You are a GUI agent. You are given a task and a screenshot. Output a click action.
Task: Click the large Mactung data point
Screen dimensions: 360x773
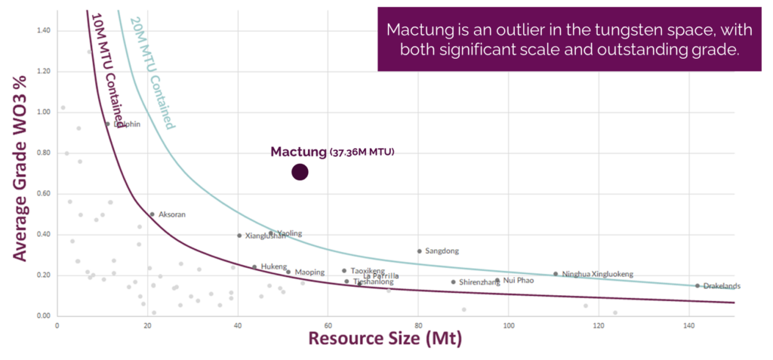[300, 172]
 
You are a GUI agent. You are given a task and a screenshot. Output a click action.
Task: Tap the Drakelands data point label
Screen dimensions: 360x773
[722, 286]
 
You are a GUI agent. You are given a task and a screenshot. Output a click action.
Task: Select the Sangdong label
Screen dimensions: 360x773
[442, 251]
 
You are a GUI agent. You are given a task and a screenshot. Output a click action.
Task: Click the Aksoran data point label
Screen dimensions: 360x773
[171, 214]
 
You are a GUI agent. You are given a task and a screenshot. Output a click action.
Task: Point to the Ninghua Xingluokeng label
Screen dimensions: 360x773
[598, 274]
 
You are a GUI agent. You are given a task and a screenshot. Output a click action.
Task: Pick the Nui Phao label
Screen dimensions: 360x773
[519, 280]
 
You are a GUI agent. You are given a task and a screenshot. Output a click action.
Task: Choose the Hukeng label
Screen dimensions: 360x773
[274, 266]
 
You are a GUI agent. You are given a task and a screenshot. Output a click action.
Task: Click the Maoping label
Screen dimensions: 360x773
[310, 272]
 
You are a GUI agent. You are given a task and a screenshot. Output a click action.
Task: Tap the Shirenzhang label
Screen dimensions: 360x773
[479, 282]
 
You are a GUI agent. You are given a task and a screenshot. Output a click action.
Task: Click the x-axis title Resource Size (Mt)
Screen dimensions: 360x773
[384, 339]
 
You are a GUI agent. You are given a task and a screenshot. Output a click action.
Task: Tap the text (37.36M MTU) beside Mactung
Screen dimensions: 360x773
[362, 152]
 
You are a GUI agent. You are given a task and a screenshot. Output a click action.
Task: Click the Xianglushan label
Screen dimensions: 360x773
[266, 235]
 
